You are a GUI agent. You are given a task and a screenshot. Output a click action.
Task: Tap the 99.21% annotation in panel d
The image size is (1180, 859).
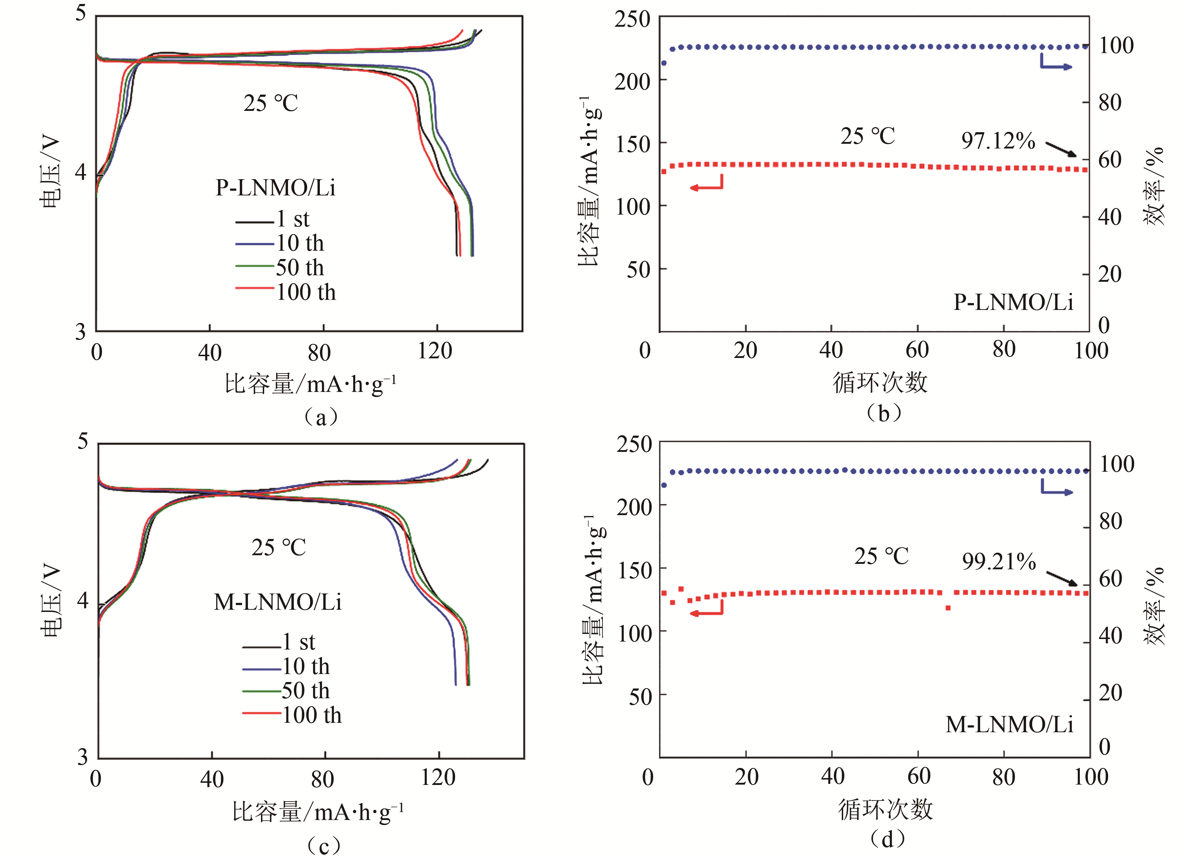[999, 562]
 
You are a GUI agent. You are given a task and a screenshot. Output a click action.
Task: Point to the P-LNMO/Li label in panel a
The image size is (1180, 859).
[276, 188]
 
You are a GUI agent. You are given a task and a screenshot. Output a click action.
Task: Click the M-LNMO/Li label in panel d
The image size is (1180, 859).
[1009, 724]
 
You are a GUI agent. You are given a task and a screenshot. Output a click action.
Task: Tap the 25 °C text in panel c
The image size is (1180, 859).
[279, 548]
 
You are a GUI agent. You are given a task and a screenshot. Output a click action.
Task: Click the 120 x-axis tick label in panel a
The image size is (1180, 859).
[435, 351]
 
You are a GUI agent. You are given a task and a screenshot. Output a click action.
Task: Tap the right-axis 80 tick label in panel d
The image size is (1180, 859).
[1110, 522]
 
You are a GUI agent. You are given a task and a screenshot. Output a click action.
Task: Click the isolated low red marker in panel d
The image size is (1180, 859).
[948, 608]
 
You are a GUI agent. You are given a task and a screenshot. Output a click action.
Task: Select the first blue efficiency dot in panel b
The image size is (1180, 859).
[664, 64]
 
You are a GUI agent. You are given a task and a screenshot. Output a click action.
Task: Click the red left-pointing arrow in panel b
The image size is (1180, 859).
[706, 186]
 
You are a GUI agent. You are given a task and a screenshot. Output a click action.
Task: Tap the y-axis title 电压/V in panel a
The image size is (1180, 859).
[51, 172]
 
